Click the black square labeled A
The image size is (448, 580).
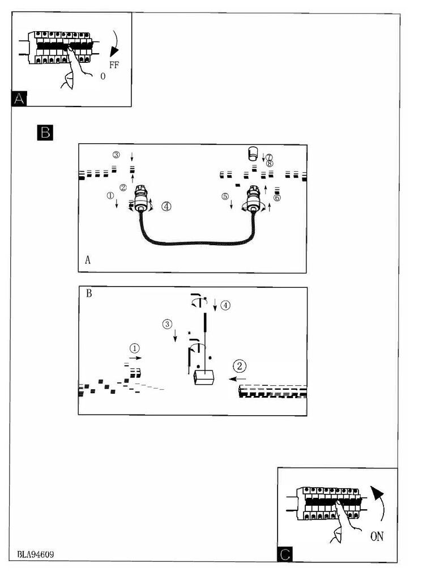click(x=19, y=99)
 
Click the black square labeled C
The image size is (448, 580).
click(x=285, y=554)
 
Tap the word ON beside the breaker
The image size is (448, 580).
click(x=377, y=536)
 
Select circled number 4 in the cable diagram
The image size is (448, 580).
click(x=166, y=207)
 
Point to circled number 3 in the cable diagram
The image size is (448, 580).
click(x=116, y=155)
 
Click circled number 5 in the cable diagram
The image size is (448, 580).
click(x=225, y=196)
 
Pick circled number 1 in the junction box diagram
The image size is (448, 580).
click(x=134, y=347)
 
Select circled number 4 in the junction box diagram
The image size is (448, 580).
click(x=225, y=305)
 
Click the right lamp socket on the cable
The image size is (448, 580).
click(x=253, y=200)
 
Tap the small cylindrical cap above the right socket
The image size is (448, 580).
click(x=254, y=153)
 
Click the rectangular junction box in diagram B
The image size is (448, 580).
click(x=203, y=377)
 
